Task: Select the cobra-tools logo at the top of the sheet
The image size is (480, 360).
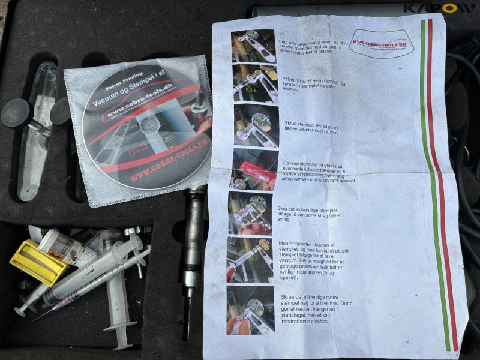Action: click(382, 43)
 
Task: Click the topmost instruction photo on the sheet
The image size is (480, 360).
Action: click(253, 46)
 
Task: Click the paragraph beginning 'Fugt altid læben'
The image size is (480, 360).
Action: click(308, 47)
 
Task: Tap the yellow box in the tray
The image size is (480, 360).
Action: click(38, 262)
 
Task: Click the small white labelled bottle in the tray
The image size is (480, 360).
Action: click(66, 247)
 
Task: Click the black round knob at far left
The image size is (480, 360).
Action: click(16, 113)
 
